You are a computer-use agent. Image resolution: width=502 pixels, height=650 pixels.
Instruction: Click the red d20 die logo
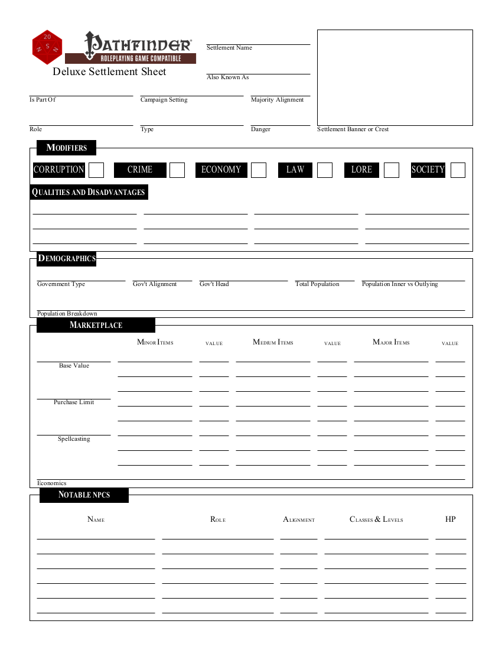click(47, 47)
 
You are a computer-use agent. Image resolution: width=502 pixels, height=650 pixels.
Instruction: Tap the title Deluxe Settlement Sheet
click(109, 71)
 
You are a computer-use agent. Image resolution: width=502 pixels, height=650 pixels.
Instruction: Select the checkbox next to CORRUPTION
click(96, 170)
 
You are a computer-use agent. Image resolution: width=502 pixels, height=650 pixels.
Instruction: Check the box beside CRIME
click(177, 170)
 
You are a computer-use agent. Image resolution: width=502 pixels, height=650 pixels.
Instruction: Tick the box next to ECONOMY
click(259, 170)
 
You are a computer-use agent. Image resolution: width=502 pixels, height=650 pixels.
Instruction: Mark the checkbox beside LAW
click(325, 170)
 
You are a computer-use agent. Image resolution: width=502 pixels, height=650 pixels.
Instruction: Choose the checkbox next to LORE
click(392, 170)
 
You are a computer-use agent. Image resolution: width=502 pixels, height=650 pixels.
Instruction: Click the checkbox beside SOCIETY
click(458, 170)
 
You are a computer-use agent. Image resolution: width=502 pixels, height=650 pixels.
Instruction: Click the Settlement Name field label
click(229, 48)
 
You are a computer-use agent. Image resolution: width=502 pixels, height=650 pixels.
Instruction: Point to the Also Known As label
click(227, 77)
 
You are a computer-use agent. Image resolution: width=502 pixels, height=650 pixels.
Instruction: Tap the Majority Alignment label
click(277, 100)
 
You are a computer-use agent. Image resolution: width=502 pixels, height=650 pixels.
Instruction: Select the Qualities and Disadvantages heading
click(88, 192)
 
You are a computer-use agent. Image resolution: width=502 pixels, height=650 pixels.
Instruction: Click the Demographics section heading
click(66, 258)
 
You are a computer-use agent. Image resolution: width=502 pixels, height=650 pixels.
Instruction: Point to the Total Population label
click(317, 284)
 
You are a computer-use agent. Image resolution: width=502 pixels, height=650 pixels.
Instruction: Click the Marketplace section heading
click(96, 325)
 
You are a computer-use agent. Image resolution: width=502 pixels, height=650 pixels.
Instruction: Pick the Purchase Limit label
click(74, 402)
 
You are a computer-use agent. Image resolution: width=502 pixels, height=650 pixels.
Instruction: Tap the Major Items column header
click(391, 343)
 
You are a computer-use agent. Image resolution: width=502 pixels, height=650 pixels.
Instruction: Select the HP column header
click(450, 519)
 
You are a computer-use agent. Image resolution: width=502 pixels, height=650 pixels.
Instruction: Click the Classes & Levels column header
click(376, 519)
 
